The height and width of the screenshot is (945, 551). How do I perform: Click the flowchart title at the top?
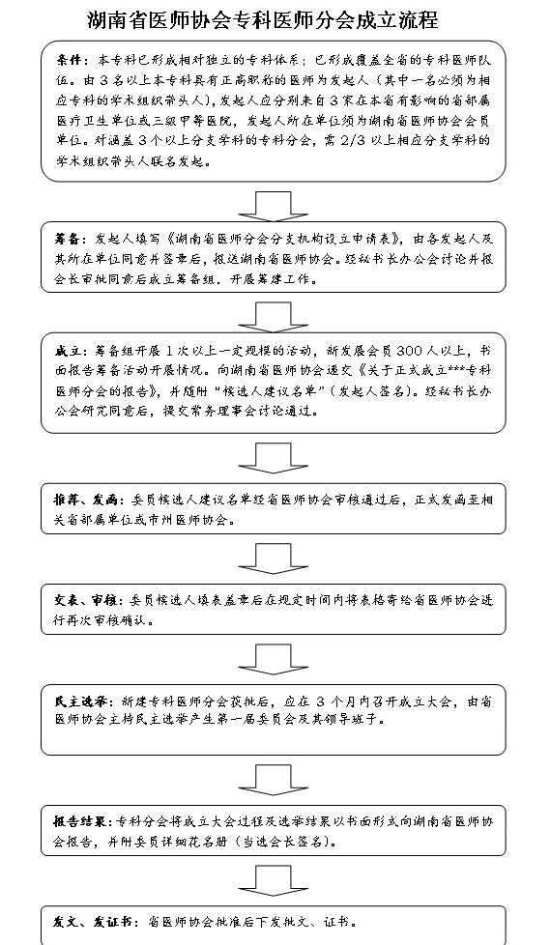(262, 20)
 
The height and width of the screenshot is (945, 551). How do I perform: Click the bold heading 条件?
(69, 59)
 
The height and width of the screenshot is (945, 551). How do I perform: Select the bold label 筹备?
(67, 239)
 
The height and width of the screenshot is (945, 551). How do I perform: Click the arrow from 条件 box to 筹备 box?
(274, 206)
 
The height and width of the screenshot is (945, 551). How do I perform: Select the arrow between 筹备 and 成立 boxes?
(274, 317)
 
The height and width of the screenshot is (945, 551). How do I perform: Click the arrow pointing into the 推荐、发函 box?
(274, 458)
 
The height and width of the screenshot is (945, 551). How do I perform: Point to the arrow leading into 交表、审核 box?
(274, 558)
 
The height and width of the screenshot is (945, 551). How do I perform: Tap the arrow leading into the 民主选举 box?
(274, 659)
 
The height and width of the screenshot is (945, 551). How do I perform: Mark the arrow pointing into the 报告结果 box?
(274, 780)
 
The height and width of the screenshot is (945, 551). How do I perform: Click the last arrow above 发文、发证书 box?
(274, 880)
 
